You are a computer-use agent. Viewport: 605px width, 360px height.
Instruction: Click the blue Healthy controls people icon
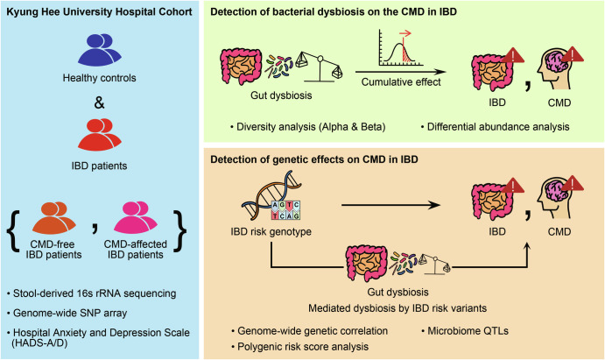(x=99, y=49)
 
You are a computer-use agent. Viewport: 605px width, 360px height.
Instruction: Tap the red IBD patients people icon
(x=99, y=134)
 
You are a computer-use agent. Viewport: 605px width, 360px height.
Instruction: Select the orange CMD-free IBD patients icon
(x=53, y=217)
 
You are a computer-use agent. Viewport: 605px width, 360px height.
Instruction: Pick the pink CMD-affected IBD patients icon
(x=136, y=217)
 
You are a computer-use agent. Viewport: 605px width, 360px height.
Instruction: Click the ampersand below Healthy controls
(x=99, y=103)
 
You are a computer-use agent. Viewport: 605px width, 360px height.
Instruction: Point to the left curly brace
(x=13, y=231)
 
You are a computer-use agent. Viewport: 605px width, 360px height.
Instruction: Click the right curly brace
(x=180, y=231)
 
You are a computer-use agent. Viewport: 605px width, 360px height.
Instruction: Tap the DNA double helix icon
(x=271, y=197)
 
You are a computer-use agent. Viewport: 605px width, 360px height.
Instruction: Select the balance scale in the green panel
(x=320, y=67)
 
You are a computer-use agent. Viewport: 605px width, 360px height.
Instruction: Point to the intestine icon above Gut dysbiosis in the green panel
(x=241, y=67)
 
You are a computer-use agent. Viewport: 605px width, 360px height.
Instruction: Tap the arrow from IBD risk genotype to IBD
(x=390, y=205)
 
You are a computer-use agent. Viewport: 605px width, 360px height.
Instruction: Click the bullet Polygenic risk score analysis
(x=300, y=347)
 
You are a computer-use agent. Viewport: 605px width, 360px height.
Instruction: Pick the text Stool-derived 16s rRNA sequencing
(x=91, y=293)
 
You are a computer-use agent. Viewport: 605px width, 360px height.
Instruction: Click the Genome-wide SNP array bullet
(x=67, y=313)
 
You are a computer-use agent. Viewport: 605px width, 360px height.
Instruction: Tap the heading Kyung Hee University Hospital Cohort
(x=99, y=12)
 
